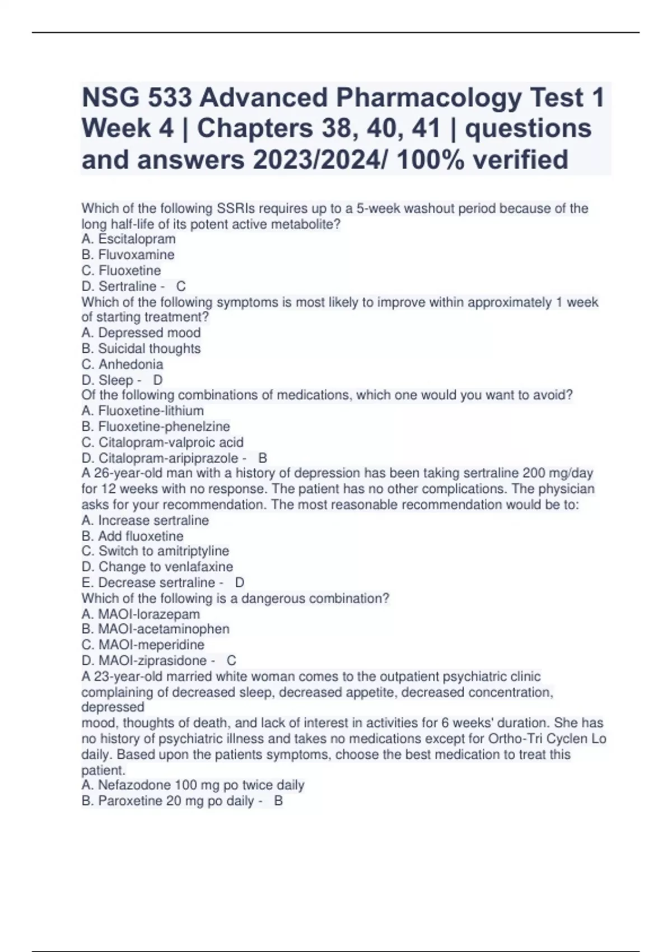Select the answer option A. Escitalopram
point(128,239)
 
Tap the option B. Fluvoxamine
point(128,255)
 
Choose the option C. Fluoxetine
point(121,270)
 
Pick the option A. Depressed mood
point(141,333)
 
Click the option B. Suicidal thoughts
point(141,348)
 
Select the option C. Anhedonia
point(122,364)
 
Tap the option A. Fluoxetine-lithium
point(142,410)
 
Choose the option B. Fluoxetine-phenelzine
point(155,426)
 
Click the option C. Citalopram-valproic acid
point(162,442)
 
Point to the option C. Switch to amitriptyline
point(155,551)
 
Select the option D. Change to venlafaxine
point(157,567)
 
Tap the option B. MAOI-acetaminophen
point(155,629)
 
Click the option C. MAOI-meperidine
point(143,645)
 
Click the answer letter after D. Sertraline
point(181,286)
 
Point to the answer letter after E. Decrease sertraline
point(240,582)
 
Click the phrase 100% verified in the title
point(482,160)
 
